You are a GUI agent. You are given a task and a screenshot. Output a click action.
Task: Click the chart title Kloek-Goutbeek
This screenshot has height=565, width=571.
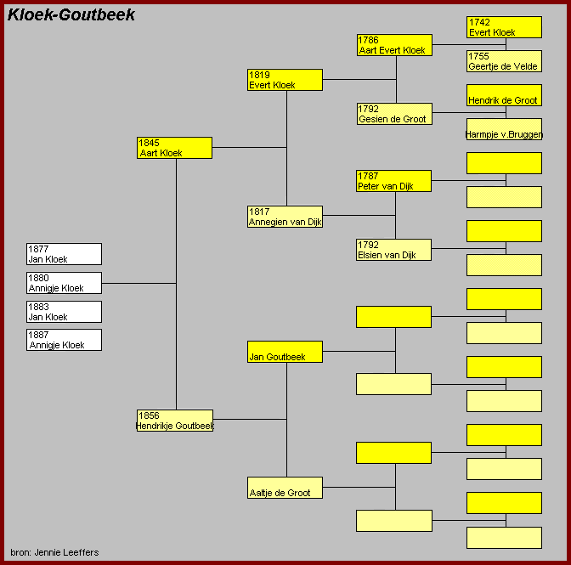pyautogui.click(x=71, y=15)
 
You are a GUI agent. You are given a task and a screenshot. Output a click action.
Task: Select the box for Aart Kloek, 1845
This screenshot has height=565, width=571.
pyautogui.click(x=174, y=148)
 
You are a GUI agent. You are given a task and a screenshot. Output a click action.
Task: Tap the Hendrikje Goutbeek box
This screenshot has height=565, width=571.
pyautogui.click(x=174, y=421)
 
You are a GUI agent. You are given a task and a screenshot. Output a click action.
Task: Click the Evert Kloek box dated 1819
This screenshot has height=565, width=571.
pyautogui.click(x=285, y=80)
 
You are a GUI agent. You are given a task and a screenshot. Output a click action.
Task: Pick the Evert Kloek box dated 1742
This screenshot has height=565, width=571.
pyautogui.click(x=504, y=27)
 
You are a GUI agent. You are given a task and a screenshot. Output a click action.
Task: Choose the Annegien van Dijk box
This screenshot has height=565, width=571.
pyautogui.click(x=285, y=217)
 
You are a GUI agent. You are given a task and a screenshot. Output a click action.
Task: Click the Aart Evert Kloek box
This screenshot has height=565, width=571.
pyautogui.click(x=394, y=45)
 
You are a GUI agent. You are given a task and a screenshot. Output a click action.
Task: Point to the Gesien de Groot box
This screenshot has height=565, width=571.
pyautogui.click(x=394, y=114)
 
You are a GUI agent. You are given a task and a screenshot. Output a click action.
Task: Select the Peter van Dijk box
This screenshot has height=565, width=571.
pyautogui.click(x=394, y=181)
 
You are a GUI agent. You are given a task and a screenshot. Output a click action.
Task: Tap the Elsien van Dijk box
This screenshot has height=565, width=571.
pyautogui.click(x=394, y=250)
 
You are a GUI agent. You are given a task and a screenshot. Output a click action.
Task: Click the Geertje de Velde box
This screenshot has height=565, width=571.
pyautogui.click(x=504, y=61)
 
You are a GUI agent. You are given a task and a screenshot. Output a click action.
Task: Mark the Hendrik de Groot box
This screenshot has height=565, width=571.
pyautogui.click(x=504, y=95)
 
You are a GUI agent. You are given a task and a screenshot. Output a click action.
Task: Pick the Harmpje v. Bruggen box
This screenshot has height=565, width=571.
pyautogui.click(x=504, y=129)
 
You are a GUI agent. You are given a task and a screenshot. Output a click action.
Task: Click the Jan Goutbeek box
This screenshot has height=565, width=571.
pyautogui.click(x=285, y=352)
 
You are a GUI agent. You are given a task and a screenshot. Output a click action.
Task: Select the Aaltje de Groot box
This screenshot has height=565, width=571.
pyautogui.click(x=285, y=488)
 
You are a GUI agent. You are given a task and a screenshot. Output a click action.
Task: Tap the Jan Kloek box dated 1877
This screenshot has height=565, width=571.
pyautogui.click(x=64, y=254)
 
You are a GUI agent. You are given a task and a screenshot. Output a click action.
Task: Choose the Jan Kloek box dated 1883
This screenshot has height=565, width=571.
pyautogui.click(x=64, y=312)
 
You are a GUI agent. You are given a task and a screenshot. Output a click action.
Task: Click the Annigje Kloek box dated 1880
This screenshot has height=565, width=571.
pyautogui.click(x=64, y=283)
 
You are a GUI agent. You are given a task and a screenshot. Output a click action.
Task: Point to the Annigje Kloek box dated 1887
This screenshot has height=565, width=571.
pyautogui.click(x=64, y=340)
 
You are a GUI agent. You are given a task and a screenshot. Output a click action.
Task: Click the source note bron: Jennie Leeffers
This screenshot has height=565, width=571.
pyautogui.click(x=54, y=552)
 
